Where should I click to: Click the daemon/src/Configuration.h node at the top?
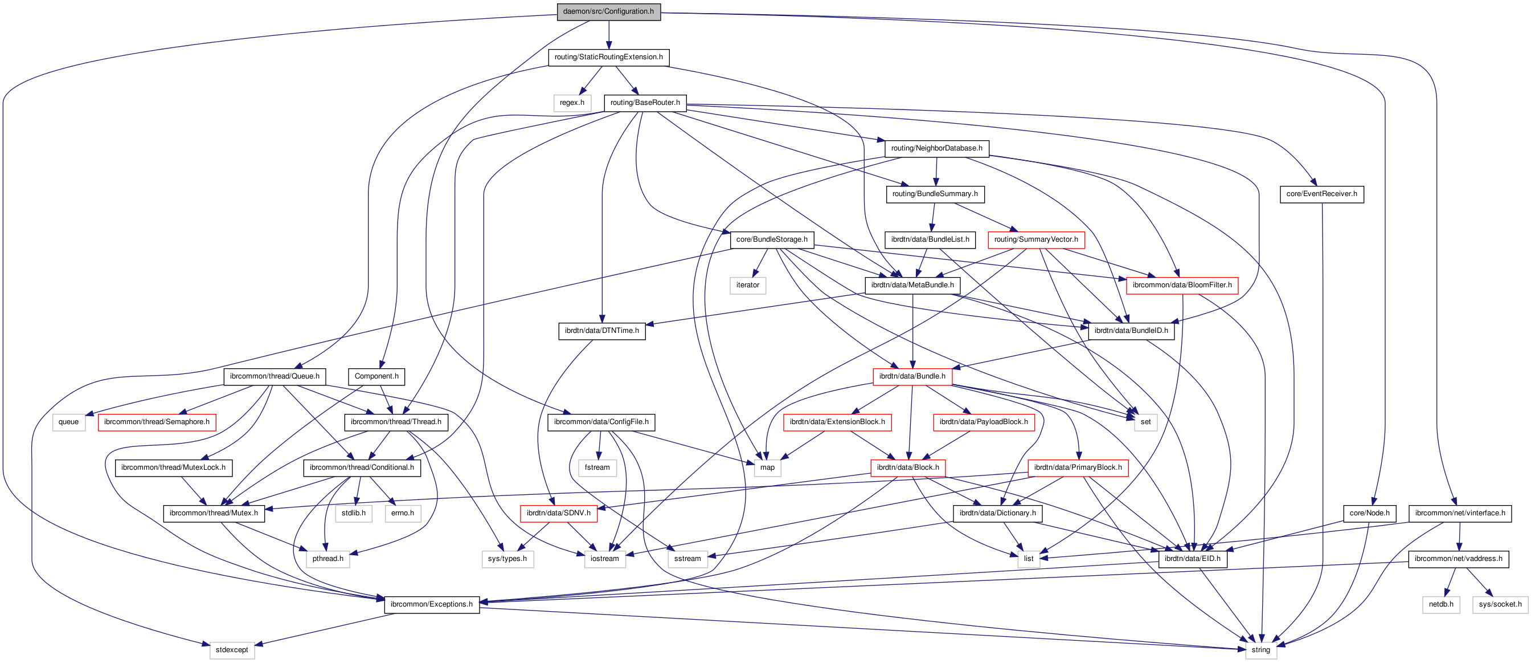pyautogui.click(x=608, y=11)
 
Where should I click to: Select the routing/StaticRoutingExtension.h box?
pyautogui.click(x=608, y=57)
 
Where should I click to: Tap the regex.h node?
pyautogui.click(x=572, y=103)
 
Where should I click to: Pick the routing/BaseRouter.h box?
pyautogui.click(x=645, y=103)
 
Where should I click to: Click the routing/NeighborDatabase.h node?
pyautogui.click(x=936, y=148)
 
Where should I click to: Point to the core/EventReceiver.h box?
pyautogui.click(x=1321, y=194)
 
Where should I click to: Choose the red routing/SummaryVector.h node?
pyautogui.click(x=1035, y=239)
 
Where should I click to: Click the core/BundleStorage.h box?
pyautogui.click(x=771, y=239)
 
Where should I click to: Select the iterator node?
pyautogui.click(x=747, y=286)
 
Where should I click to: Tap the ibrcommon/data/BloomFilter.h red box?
pyautogui.click(x=1181, y=286)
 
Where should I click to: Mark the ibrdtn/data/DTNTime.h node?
pyautogui.click(x=601, y=331)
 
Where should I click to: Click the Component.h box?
pyautogui.click(x=376, y=376)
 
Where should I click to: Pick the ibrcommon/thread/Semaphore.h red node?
pyautogui.click(x=156, y=422)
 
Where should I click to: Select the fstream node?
pyautogui.click(x=597, y=467)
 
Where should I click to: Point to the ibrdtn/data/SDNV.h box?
pyautogui.click(x=558, y=513)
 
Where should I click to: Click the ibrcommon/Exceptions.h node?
pyautogui.click(x=432, y=604)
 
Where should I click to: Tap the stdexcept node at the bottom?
pyautogui.click(x=232, y=650)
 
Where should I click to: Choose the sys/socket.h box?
pyautogui.click(x=1500, y=604)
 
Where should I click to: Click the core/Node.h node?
pyautogui.click(x=1369, y=513)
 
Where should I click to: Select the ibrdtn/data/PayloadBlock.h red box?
pyautogui.click(x=983, y=422)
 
